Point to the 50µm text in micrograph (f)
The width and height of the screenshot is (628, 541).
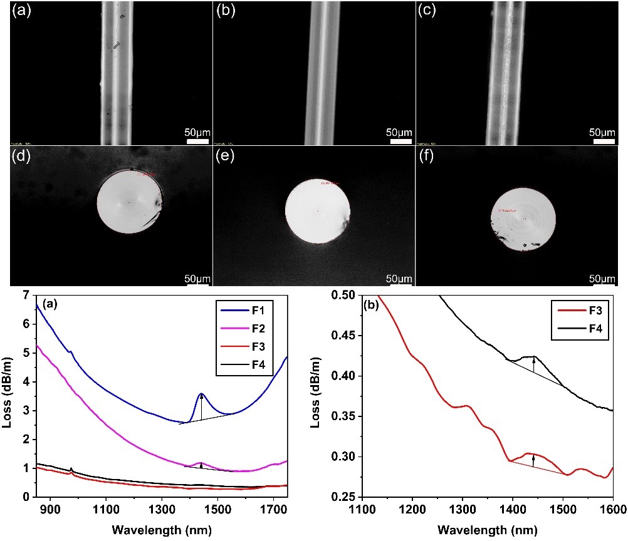point(602,278)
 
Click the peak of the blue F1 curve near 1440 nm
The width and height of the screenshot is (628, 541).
point(201,394)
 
